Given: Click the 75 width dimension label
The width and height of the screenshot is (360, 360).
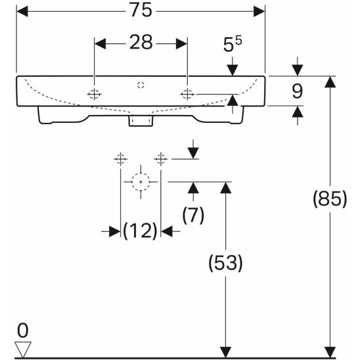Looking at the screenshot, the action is point(141,10).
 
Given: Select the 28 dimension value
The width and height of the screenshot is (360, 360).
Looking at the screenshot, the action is point(141,42).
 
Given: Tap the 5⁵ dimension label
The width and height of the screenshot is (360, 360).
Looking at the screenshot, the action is point(233,44).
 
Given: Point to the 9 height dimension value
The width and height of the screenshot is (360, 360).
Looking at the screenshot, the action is point(298,91).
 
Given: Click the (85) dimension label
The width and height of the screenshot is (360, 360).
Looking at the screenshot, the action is point(330,199).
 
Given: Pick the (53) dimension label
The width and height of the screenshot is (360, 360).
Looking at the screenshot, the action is point(225,263).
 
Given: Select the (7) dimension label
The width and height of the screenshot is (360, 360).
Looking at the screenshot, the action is point(193,215).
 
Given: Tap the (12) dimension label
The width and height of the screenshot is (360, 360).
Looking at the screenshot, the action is point(141,231).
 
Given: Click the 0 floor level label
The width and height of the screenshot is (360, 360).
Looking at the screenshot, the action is point(23,330).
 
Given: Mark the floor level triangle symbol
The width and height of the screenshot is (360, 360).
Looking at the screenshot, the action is point(23,349).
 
